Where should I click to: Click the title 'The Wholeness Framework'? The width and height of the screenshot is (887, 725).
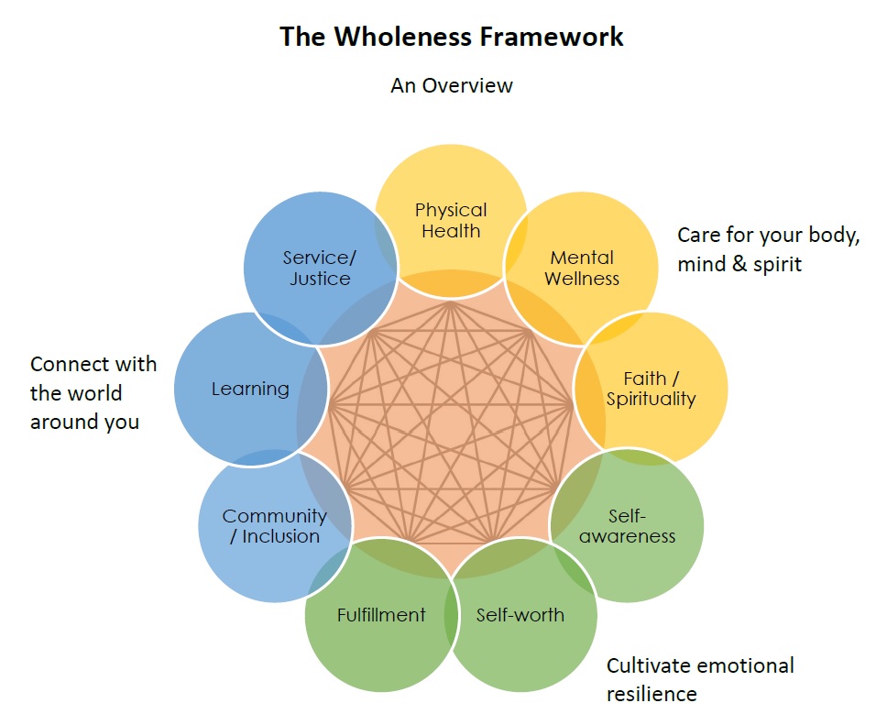pos(452,37)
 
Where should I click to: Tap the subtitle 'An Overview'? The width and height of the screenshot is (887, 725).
pos(452,85)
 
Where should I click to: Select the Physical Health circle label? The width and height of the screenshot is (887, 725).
pos(451,221)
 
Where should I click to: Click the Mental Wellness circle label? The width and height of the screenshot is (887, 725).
pos(582,268)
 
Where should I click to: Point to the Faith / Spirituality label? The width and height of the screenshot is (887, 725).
pos(651,389)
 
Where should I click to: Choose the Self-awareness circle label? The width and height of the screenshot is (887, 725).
pos(628,525)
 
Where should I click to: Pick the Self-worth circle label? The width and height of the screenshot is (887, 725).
pos(520,614)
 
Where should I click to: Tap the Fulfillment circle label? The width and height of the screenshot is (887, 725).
pos(381,614)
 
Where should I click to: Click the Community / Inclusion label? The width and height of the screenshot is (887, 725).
pos(274,526)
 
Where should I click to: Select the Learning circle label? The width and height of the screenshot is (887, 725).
pos(250,389)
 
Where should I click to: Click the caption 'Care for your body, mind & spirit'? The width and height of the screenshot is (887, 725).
pos(768,249)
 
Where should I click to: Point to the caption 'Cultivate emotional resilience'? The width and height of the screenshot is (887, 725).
pos(700,679)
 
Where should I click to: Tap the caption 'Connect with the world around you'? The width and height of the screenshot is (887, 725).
pos(93,392)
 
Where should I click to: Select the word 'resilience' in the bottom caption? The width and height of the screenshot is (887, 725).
pos(652,693)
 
